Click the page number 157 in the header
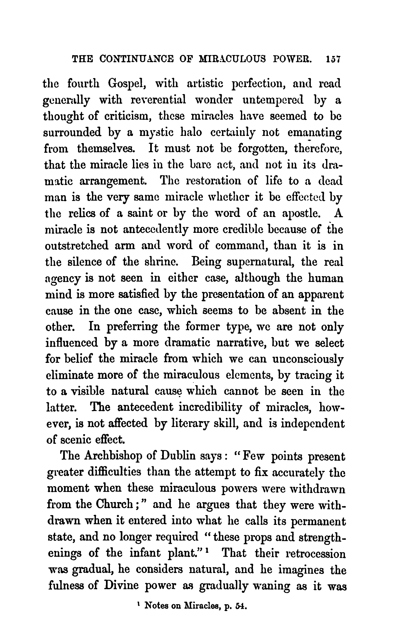pyautogui.click(x=332, y=60)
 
